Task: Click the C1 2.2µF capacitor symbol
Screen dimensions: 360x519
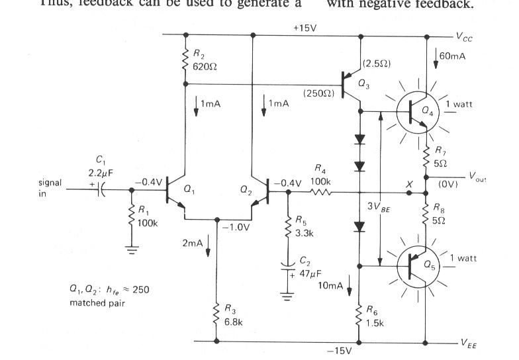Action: (x=102, y=191)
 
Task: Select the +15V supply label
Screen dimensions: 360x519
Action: (x=307, y=28)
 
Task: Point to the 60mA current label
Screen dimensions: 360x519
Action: (x=453, y=56)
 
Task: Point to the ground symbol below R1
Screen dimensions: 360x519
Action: (x=132, y=250)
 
